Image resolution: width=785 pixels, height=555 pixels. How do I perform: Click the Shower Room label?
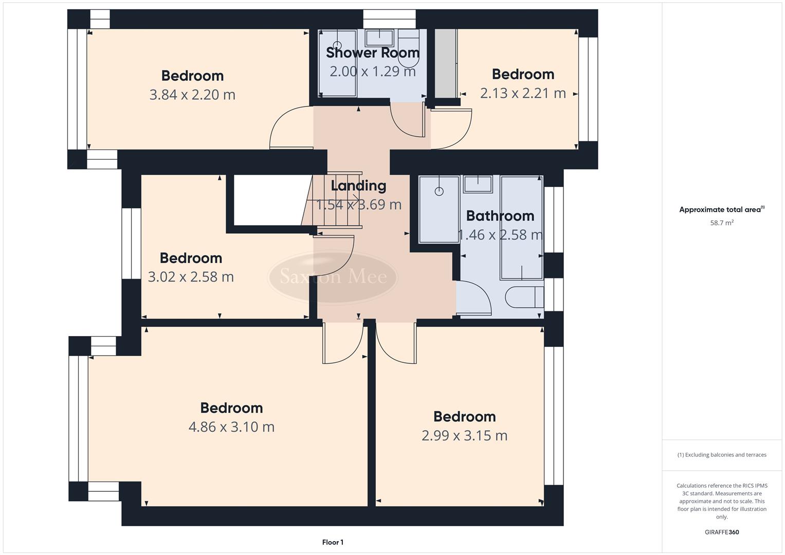click(373, 52)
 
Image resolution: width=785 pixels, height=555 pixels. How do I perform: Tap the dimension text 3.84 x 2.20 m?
click(192, 95)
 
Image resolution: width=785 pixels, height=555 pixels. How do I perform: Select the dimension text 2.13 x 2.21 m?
click(523, 93)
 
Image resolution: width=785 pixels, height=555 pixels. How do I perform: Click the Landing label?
click(358, 186)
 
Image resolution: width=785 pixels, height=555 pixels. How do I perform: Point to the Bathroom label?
click(500, 216)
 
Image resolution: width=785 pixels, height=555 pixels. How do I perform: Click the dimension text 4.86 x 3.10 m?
click(231, 427)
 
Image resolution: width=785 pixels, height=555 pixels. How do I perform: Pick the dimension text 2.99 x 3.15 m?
click(464, 436)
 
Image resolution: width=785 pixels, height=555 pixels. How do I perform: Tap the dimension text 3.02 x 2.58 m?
click(191, 277)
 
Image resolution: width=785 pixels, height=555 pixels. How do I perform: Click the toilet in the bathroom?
click(524, 297)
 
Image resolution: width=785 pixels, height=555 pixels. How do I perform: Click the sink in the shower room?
click(379, 38)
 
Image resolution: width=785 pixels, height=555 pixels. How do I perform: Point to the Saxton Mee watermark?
click(333, 277)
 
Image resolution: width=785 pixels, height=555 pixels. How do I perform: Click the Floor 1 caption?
click(333, 542)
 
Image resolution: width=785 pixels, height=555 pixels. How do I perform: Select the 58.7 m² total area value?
click(721, 223)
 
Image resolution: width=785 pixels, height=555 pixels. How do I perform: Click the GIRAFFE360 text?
click(721, 532)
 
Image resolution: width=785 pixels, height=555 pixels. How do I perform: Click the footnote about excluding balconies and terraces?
click(721, 455)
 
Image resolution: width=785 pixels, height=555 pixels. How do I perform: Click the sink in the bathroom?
click(478, 183)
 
